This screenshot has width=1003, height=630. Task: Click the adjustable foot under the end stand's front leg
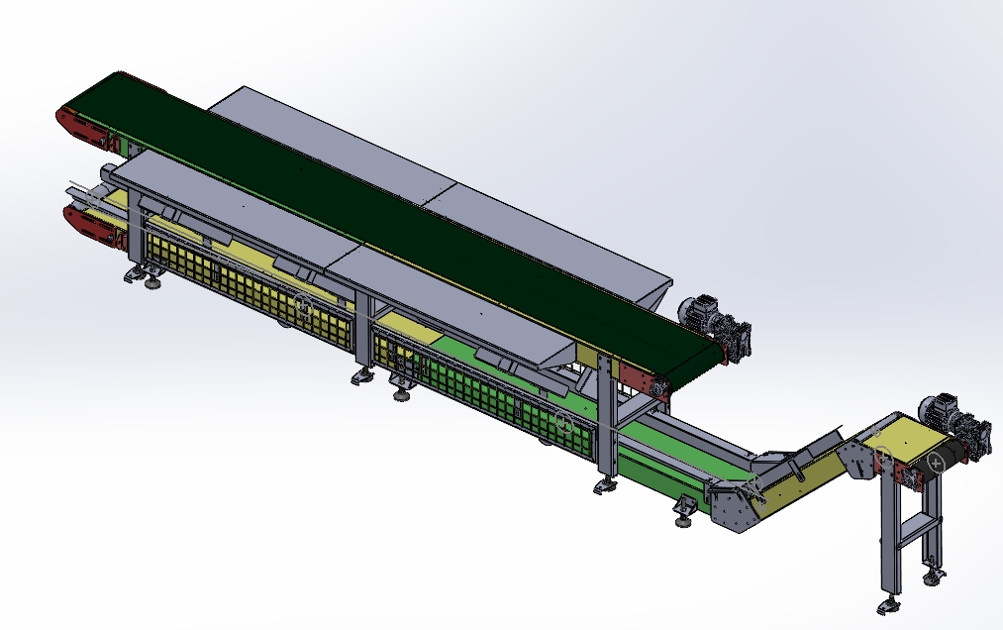[x=887, y=605]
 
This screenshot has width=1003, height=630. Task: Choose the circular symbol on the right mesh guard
[x=563, y=423]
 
